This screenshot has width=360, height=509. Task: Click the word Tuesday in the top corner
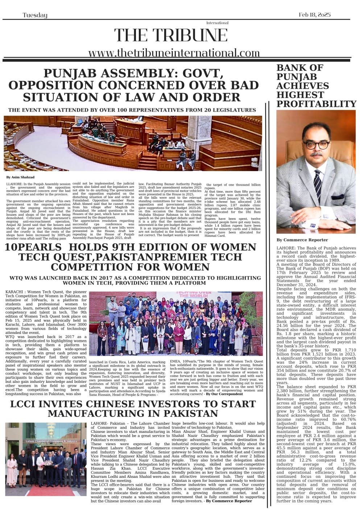[x=35, y=15]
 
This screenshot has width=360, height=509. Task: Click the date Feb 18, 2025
[x=314, y=15]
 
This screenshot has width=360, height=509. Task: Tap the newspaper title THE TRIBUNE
[x=171, y=35]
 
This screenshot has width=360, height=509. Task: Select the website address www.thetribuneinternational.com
[x=174, y=53]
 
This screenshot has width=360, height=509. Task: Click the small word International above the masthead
[x=217, y=23]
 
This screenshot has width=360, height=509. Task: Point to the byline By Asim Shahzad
[x=20, y=177]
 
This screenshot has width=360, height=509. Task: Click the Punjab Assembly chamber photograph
[x=133, y=143]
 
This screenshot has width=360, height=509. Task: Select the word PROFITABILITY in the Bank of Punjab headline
[x=316, y=104]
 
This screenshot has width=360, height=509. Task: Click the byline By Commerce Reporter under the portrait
[x=302, y=240]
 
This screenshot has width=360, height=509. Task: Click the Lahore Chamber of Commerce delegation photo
[x=46, y=459]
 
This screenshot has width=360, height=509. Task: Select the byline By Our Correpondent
[x=224, y=394]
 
